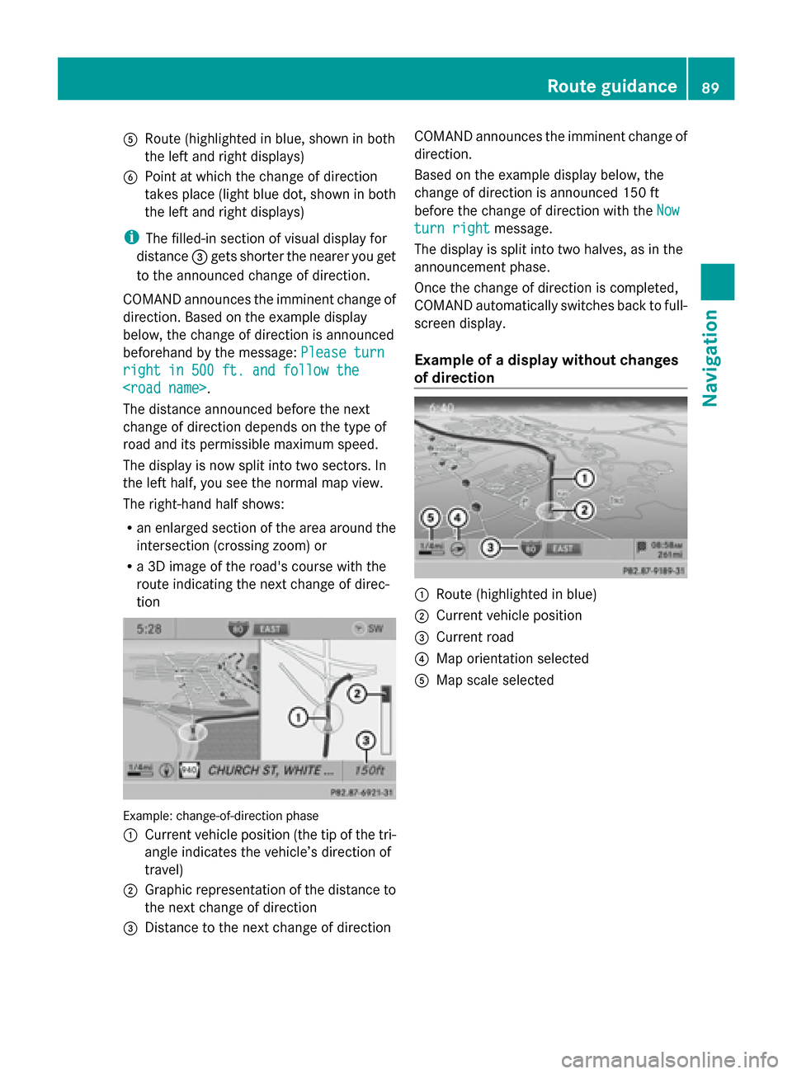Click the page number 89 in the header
[710, 87]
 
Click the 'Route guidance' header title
[611, 87]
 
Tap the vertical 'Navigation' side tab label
[710, 358]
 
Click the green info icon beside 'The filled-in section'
[131, 238]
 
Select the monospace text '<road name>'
[164, 389]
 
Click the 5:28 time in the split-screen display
[149, 629]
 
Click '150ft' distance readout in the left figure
[369, 770]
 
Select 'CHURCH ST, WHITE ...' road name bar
[271, 770]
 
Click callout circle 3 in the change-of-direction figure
[365, 740]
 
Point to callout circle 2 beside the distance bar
[356, 694]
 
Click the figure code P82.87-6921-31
[361, 792]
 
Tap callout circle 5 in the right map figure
[431, 518]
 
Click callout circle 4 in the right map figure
[457, 518]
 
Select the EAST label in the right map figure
[563, 549]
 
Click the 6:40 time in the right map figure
[441, 408]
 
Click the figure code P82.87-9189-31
[653, 571]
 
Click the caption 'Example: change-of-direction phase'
[221, 816]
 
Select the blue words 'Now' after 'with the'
[668, 210]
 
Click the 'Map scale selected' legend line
[495, 681]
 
